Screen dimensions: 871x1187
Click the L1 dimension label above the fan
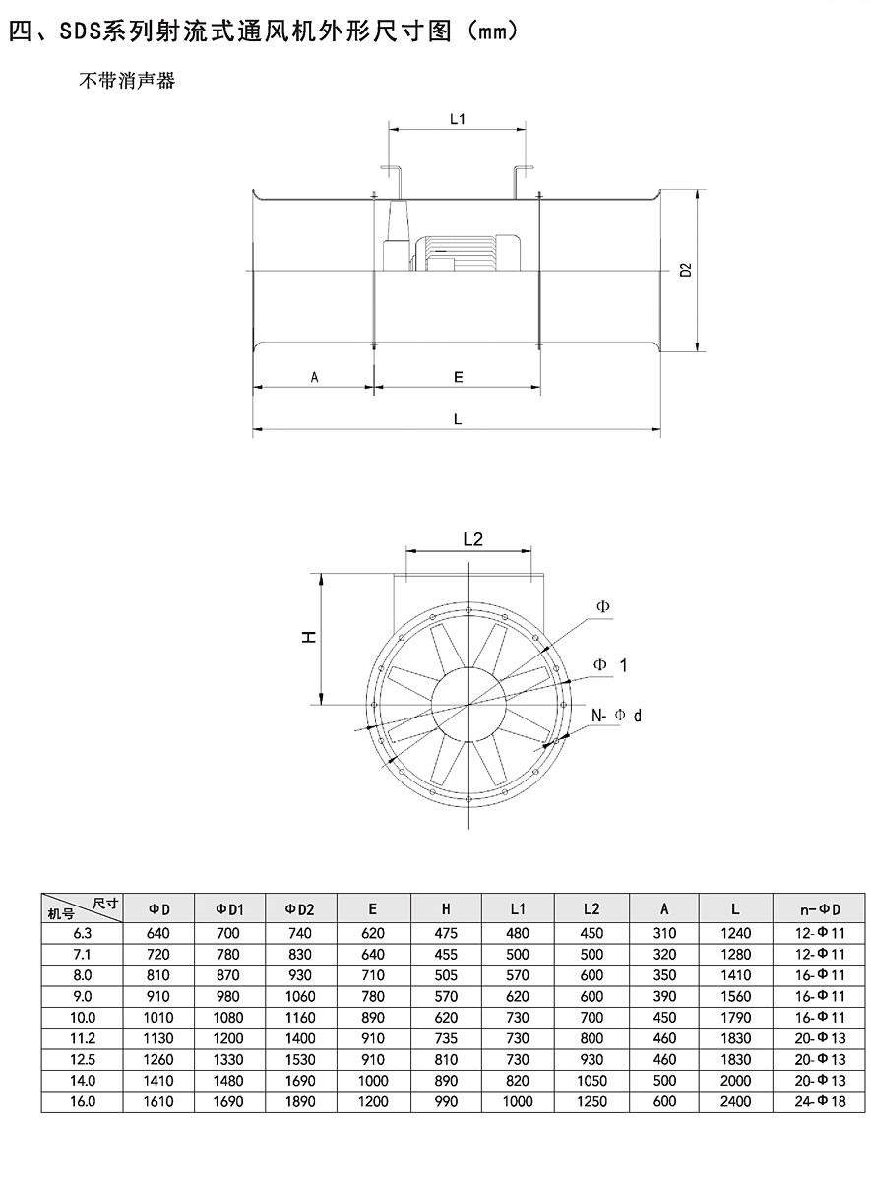coord(458,119)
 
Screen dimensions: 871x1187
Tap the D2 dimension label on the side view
coord(686,270)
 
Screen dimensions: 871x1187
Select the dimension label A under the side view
coord(314,377)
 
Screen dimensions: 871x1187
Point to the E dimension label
coord(459,377)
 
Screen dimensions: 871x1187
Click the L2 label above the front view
coord(472,539)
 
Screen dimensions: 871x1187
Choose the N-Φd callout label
coord(616,716)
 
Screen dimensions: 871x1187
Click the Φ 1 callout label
coord(610,665)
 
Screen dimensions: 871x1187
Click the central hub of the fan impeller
coord(468,705)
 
